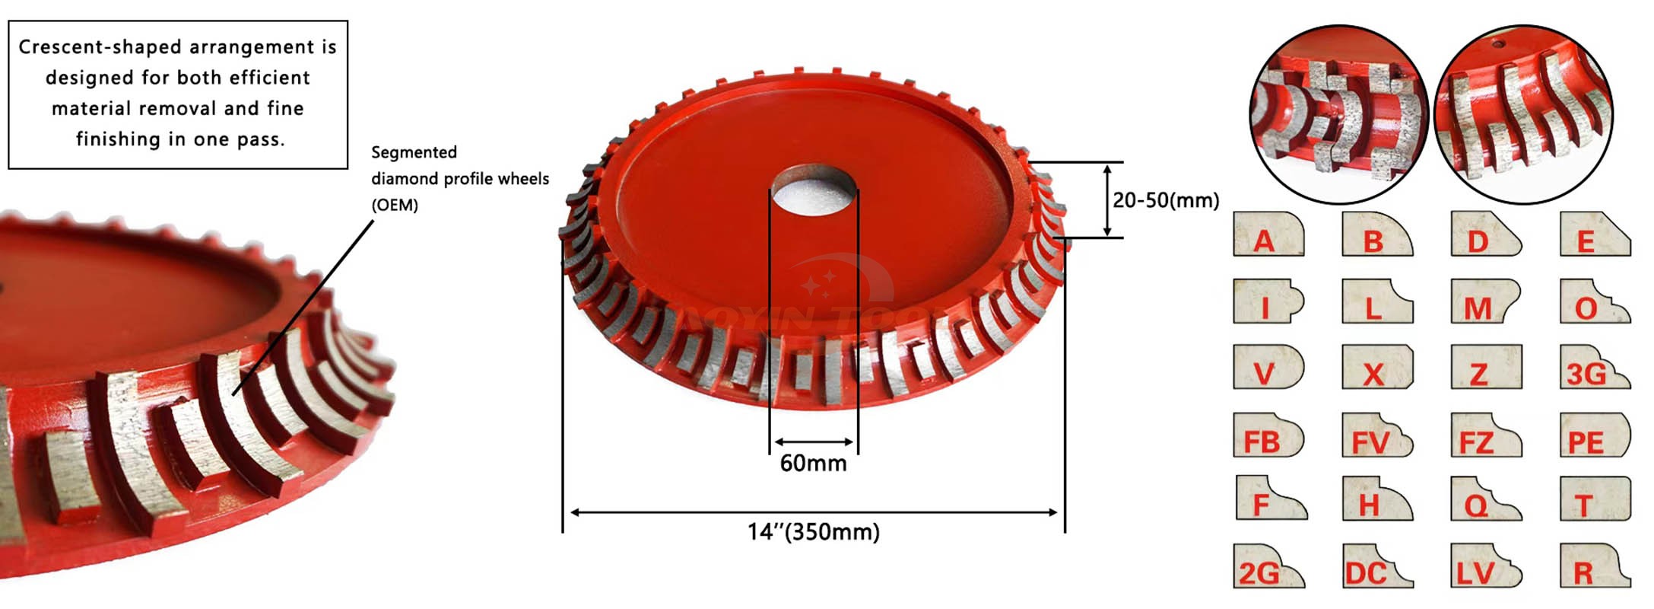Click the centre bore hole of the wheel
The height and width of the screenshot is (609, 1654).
click(814, 190)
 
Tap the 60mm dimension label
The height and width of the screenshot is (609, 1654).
click(813, 463)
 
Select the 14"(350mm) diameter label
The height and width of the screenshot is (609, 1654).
click(813, 531)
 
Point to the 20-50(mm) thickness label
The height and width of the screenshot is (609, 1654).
click(1166, 200)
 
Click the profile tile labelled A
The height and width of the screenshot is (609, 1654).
click(1268, 234)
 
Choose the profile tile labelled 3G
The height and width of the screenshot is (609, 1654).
click(1595, 366)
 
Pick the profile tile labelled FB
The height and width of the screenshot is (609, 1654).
click(1268, 435)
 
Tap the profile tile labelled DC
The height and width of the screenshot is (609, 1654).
click(1377, 566)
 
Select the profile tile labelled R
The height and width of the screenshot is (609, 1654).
click(1595, 566)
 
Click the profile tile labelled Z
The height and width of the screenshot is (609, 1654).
click(1486, 366)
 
